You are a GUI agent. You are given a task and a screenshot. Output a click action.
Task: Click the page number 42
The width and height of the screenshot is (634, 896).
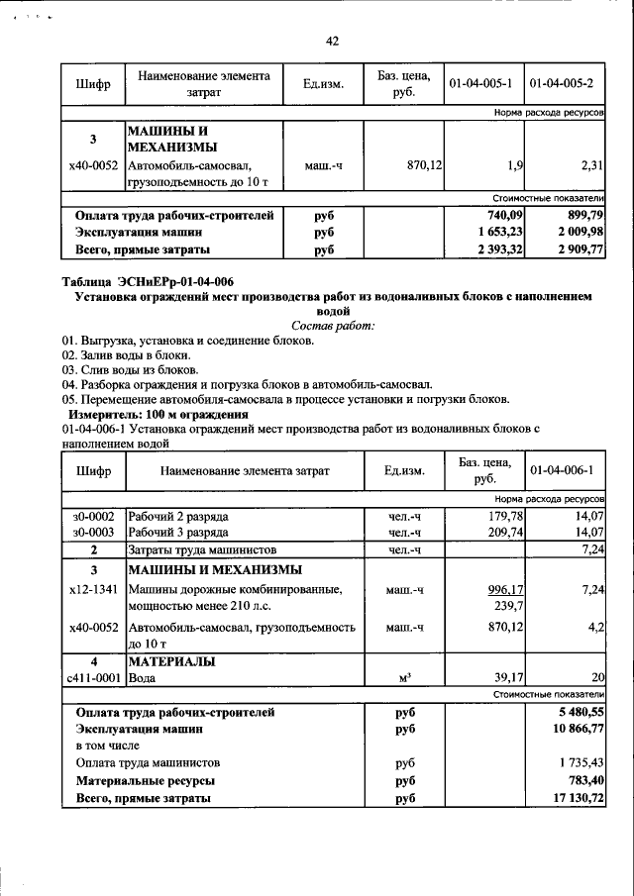pos(332,41)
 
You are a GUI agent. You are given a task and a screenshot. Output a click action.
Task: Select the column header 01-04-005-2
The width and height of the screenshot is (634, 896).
pos(564,84)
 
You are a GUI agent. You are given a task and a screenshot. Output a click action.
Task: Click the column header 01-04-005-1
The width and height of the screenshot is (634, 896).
pos(483,84)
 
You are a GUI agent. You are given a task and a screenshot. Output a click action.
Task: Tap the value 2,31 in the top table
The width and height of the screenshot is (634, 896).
pos(591,164)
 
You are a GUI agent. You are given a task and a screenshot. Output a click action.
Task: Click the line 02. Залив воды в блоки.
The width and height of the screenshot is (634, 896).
pos(126,354)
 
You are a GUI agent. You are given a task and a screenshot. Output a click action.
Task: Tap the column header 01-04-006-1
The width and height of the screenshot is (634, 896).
pos(564,470)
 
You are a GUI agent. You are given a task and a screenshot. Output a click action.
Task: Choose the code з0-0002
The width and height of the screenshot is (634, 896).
pos(93,516)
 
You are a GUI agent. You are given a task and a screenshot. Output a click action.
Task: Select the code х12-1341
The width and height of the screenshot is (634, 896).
pos(93,590)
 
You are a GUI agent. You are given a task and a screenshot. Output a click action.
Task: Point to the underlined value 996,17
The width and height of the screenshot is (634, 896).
pos(503,590)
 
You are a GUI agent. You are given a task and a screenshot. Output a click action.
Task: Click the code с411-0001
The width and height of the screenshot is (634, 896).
pos(93,678)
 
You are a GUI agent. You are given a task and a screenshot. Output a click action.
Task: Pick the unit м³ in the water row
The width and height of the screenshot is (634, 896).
pos(404,678)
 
